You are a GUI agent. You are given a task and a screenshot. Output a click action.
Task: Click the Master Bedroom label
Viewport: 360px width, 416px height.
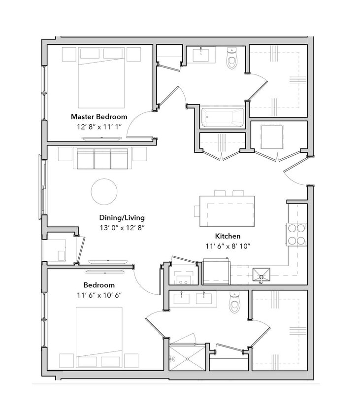(99, 117)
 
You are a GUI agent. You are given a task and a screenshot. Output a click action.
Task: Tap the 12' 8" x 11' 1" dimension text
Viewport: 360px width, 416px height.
(99, 127)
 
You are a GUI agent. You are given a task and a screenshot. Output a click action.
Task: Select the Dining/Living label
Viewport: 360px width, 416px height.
(122, 217)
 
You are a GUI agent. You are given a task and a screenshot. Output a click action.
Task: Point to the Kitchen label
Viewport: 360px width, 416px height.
(228, 236)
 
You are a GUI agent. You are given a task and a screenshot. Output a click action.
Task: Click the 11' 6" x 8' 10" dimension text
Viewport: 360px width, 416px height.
(228, 246)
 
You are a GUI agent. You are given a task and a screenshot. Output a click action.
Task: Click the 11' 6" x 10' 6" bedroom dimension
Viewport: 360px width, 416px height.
(99, 295)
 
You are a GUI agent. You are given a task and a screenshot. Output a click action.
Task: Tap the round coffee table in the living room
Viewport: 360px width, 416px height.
(104, 191)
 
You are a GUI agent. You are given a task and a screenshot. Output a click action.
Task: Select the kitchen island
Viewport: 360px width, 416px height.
(227, 211)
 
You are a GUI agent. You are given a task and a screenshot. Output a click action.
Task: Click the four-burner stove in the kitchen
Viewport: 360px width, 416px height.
(296, 234)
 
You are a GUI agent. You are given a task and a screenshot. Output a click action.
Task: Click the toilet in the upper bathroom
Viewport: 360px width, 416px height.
(231, 59)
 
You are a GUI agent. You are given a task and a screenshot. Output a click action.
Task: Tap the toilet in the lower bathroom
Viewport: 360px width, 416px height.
(234, 303)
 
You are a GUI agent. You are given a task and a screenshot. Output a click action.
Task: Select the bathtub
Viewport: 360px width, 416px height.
(222, 118)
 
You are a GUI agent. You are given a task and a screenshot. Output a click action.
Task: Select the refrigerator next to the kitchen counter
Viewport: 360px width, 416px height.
(217, 273)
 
